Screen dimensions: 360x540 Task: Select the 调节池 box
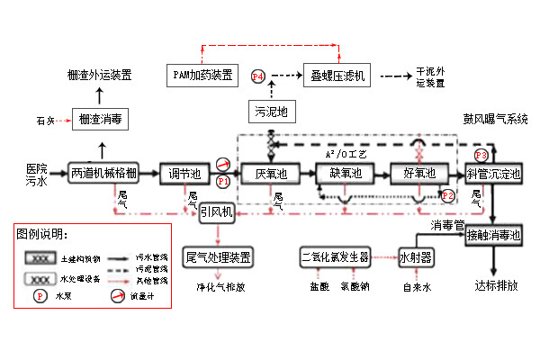click(x=183, y=173)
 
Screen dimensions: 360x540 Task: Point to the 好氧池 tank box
click(x=418, y=173)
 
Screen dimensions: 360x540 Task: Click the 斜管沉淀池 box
click(x=492, y=174)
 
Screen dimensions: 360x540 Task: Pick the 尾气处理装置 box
click(x=217, y=256)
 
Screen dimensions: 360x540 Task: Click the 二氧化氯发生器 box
click(x=336, y=256)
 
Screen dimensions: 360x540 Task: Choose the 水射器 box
click(x=416, y=256)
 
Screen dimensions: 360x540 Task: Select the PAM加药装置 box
click(x=203, y=74)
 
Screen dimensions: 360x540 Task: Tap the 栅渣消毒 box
click(x=100, y=118)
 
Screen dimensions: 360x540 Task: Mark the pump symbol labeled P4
click(x=258, y=77)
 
